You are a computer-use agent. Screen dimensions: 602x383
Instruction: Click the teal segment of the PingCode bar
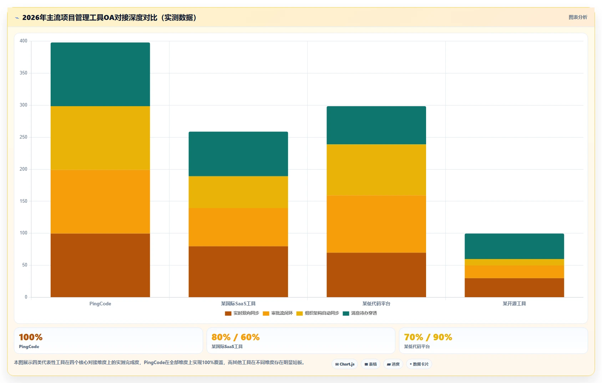[x=100, y=74]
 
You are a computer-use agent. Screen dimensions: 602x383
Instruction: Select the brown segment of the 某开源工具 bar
[x=514, y=288]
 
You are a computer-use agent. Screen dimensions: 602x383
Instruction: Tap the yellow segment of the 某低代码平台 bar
[x=376, y=170]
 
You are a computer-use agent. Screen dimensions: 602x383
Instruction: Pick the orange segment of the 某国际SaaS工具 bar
[x=238, y=227]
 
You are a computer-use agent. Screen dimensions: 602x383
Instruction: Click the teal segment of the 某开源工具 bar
[x=514, y=247]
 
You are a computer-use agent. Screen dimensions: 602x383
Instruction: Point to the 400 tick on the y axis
[x=24, y=41]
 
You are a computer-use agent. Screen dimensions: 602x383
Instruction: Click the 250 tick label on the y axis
[x=24, y=137]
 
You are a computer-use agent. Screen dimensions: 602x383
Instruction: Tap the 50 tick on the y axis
[x=25, y=265]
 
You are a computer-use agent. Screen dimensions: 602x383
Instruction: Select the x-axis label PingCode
[x=100, y=304]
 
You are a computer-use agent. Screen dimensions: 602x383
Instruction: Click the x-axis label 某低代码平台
[x=376, y=304]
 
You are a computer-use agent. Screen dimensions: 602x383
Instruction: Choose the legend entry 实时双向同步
[x=242, y=313]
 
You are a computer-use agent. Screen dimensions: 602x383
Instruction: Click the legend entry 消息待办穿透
[x=360, y=313]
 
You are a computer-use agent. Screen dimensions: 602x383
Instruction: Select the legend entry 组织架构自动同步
[x=318, y=313]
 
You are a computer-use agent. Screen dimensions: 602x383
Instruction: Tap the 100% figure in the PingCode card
[x=31, y=337]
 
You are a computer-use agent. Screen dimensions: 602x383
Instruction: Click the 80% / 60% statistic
[x=236, y=337]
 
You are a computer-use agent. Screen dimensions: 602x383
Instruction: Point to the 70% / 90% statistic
[x=428, y=337]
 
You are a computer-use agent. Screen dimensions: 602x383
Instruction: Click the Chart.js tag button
[x=345, y=364]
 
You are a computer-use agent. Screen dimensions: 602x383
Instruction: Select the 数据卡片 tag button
[x=419, y=364]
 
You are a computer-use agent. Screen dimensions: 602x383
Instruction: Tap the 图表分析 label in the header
[x=578, y=17]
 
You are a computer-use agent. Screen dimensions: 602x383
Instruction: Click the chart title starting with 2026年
[x=109, y=17]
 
